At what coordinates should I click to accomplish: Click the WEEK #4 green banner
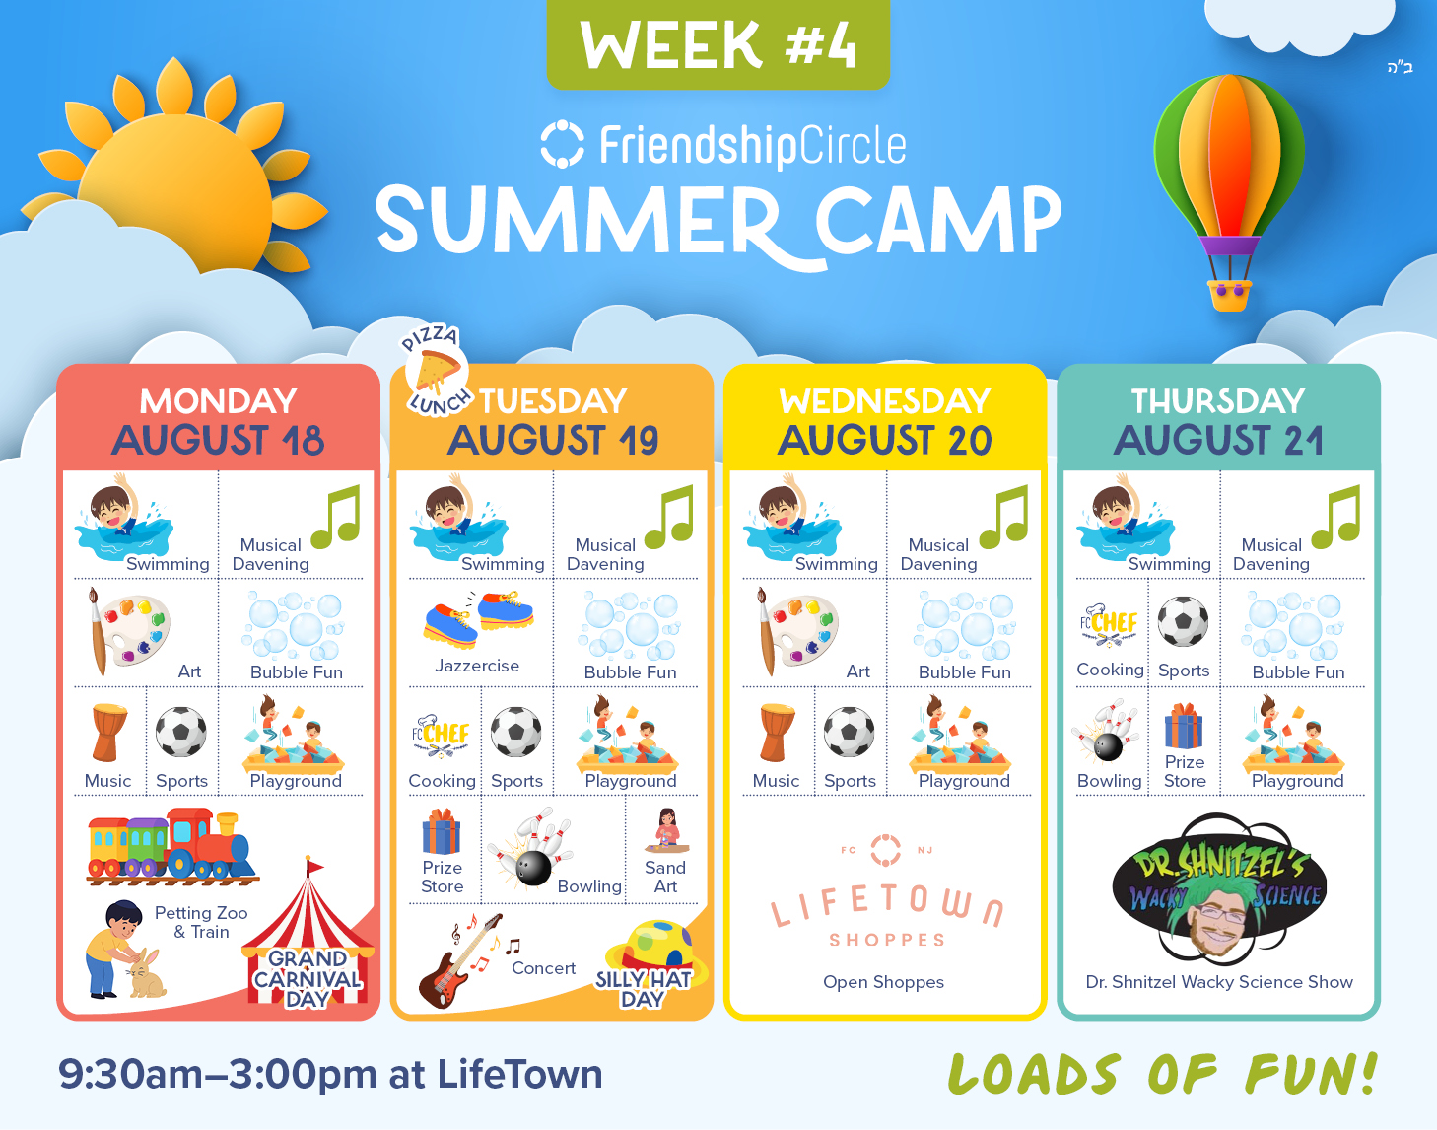click(718, 43)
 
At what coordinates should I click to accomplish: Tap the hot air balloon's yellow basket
click(1229, 295)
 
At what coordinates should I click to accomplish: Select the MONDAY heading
click(218, 401)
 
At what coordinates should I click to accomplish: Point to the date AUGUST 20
click(885, 441)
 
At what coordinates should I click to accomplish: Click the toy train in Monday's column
click(172, 846)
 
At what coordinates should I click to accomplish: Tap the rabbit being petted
click(147, 973)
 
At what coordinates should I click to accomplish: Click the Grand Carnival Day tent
click(308, 940)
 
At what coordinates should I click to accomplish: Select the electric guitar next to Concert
click(459, 960)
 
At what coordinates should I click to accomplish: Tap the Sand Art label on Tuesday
click(665, 877)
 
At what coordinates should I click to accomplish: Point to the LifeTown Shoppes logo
click(886, 893)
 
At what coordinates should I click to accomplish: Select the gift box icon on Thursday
click(1184, 726)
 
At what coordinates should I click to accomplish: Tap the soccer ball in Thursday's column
click(1183, 621)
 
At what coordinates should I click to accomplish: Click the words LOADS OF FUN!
click(1163, 1074)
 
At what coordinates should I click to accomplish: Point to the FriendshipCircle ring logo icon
click(562, 144)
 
